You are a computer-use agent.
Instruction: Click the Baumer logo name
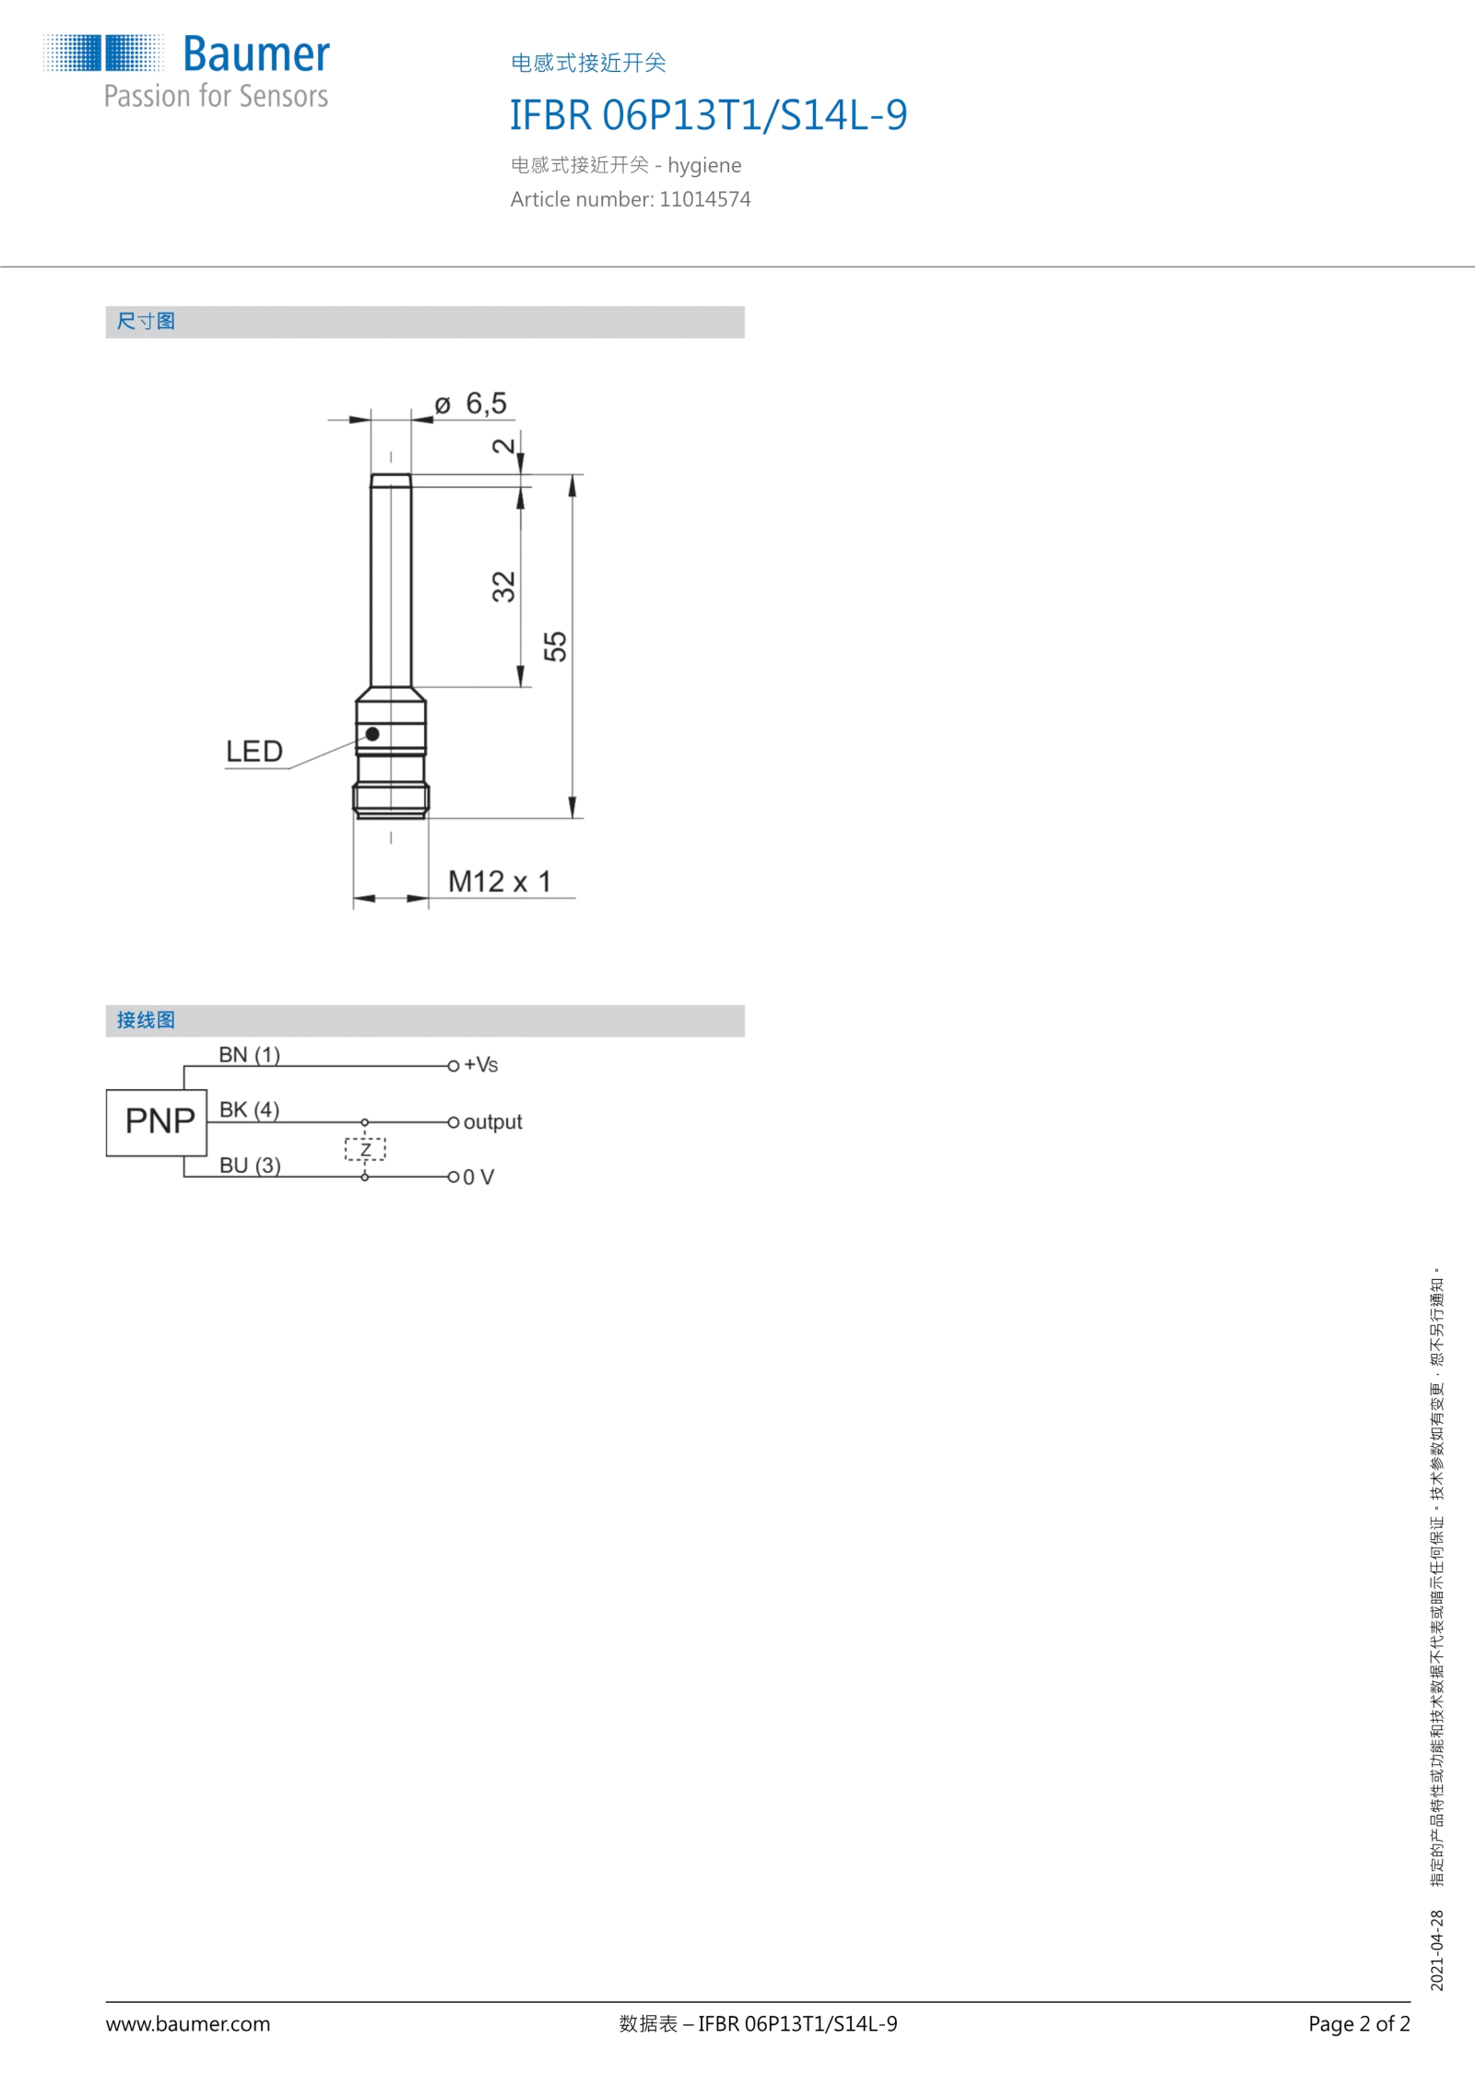click(x=256, y=54)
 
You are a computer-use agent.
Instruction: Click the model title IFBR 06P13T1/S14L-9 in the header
click(x=708, y=115)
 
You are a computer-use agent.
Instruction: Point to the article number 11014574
click(x=705, y=199)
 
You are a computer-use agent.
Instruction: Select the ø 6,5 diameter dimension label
click(x=471, y=404)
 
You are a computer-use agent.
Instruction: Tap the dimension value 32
click(x=503, y=587)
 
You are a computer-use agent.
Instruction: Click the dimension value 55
click(x=555, y=646)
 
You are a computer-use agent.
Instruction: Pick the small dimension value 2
click(x=503, y=446)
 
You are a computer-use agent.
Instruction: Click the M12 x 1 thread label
click(x=500, y=882)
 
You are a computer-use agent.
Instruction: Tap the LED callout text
click(x=254, y=752)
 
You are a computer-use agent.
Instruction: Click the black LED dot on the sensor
click(x=372, y=734)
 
